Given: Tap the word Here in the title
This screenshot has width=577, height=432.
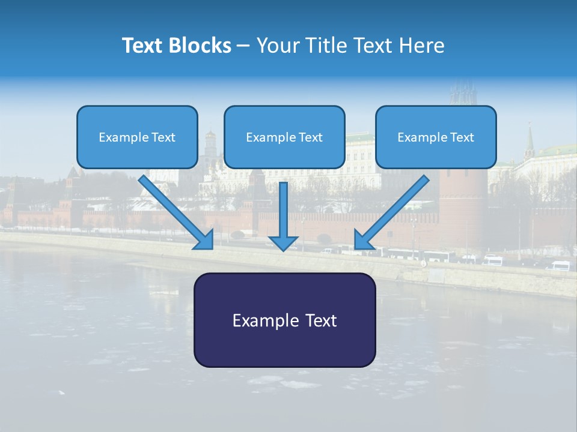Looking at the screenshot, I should click(x=421, y=46).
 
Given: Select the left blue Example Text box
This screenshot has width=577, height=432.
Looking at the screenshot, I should click(x=137, y=137).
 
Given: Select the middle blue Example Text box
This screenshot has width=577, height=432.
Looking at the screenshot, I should click(x=284, y=137).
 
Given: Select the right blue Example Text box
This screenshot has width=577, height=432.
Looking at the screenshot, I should click(x=436, y=137).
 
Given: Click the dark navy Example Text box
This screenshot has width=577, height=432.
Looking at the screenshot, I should click(x=284, y=320).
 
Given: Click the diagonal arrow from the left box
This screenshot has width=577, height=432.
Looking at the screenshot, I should click(x=174, y=210).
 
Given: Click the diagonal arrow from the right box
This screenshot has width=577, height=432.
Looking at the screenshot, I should click(x=394, y=210).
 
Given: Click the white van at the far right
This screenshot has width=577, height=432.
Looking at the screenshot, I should click(x=560, y=265).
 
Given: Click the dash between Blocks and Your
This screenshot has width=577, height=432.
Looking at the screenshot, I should click(x=243, y=46).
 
